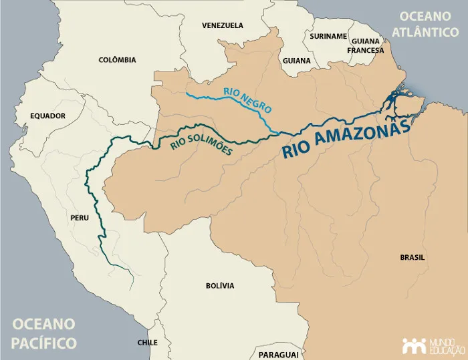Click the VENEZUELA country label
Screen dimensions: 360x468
pyautogui.click(x=223, y=25)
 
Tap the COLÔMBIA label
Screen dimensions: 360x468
pyautogui.click(x=117, y=60)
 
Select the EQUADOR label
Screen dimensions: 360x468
pyautogui.click(x=48, y=116)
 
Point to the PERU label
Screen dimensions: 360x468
pyautogui.click(x=79, y=218)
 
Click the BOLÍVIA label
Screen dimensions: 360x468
pyautogui.click(x=220, y=286)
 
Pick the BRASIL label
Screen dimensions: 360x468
pyautogui.click(x=413, y=258)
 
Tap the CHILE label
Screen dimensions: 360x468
pyautogui.click(x=147, y=342)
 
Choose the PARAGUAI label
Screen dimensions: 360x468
pyautogui.click(x=278, y=354)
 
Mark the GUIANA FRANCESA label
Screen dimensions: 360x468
pyautogui.click(x=365, y=45)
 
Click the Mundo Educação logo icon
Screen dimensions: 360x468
pyautogui.click(x=414, y=345)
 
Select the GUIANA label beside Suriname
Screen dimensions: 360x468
pyautogui.click(x=297, y=61)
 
